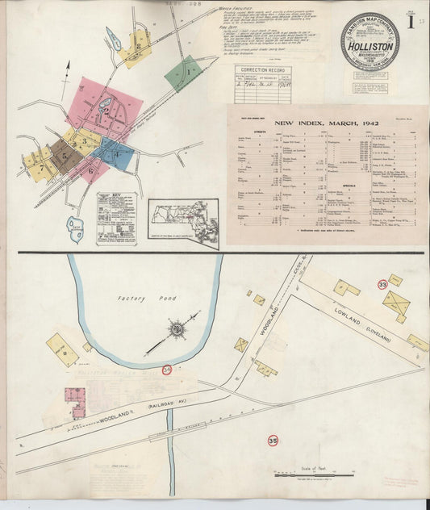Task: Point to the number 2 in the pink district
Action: pyautogui.click(x=106, y=112)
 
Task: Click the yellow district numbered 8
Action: pyautogui.click(x=138, y=48)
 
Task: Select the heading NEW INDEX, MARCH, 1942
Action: pyautogui.click(x=326, y=123)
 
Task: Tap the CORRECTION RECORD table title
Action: pyautogui.click(x=262, y=71)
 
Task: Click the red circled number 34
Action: pyautogui.click(x=167, y=369)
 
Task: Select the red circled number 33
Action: pyautogui.click(x=382, y=284)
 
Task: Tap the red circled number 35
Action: pyautogui.click(x=273, y=441)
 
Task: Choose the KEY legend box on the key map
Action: pyautogui.click(x=116, y=218)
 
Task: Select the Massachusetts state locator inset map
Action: pyautogui.click(x=183, y=222)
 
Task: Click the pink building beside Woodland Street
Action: pyautogui.click(x=75, y=401)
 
